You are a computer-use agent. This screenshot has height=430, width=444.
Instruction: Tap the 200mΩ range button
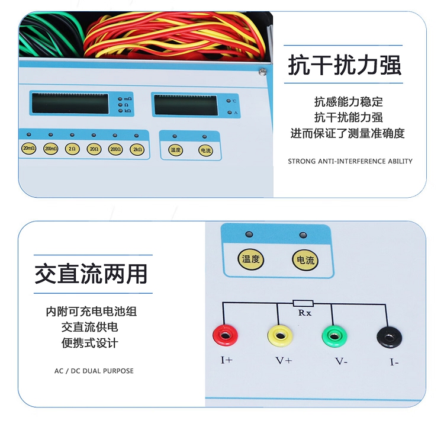tap(51, 149)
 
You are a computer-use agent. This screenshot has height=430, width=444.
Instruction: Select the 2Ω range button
tap(72, 149)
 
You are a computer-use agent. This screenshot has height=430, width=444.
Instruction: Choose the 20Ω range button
tap(94, 149)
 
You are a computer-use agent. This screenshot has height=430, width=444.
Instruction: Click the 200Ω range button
tap(115, 149)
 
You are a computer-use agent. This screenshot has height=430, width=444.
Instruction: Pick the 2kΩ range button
tap(137, 150)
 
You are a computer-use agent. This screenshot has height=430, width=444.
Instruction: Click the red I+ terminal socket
tap(226, 336)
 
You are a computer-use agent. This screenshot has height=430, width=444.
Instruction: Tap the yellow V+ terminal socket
tap(280, 336)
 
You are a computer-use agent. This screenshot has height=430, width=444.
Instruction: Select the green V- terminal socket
tap(334, 336)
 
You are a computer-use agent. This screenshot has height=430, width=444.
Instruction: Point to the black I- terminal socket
tap(390, 337)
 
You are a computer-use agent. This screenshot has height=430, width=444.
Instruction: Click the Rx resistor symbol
tap(303, 303)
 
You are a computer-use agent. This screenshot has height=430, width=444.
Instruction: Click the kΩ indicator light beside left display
tap(120, 111)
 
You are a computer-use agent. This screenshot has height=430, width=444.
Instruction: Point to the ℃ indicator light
tap(229, 101)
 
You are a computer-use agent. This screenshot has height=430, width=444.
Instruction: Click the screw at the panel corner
tap(262, 72)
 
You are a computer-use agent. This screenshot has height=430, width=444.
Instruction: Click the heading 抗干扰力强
tap(345, 65)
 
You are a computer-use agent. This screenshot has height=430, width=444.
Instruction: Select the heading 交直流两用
tap(91, 274)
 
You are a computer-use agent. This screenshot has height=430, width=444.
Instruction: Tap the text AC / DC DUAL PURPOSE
tap(94, 371)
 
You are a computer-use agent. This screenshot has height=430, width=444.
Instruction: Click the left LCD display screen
tap(70, 104)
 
